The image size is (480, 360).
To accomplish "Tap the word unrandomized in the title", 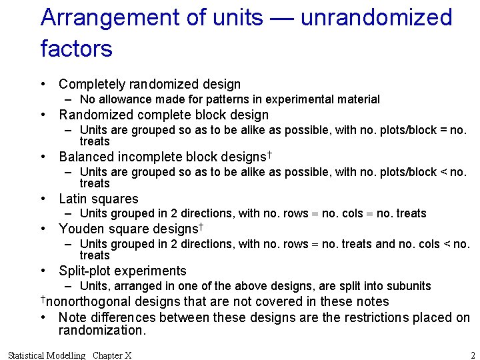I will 377,18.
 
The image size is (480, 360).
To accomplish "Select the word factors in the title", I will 76,49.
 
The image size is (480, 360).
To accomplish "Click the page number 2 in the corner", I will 473,355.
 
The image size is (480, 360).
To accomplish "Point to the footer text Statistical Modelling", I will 46,355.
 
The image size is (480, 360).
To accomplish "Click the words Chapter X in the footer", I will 112,355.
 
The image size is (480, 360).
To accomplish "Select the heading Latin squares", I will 98,199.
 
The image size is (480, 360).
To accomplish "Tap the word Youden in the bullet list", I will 80,229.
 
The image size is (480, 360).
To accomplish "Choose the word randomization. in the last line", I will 101,331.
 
